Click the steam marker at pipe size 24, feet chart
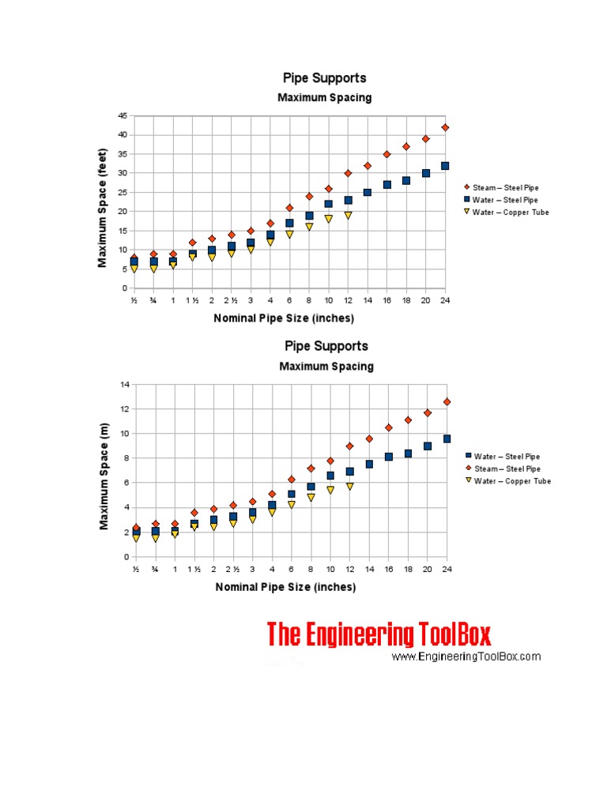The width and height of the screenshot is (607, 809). (x=445, y=127)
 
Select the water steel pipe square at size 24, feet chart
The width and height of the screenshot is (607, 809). (x=445, y=166)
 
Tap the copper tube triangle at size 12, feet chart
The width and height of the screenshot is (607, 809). (x=348, y=215)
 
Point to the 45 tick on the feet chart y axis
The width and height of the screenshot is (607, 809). (x=123, y=115)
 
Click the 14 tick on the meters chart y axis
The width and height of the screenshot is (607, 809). (x=123, y=385)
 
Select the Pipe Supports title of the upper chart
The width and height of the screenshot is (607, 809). (x=325, y=78)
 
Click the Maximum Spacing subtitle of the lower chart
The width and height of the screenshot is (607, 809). (x=326, y=367)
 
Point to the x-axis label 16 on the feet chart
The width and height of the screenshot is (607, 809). (x=387, y=301)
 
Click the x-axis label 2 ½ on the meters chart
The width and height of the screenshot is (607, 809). (x=233, y=570)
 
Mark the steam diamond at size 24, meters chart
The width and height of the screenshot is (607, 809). (x=447, y=401)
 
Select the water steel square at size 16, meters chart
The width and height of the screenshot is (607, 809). (x=388, y=457)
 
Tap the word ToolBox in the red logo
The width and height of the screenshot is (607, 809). (x=454, y=634)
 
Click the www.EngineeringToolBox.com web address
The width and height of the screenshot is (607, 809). (x=466, y=657)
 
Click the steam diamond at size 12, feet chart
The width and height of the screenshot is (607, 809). (x=348, y=173)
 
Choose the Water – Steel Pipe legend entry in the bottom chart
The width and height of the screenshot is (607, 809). (x=510, y=457)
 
